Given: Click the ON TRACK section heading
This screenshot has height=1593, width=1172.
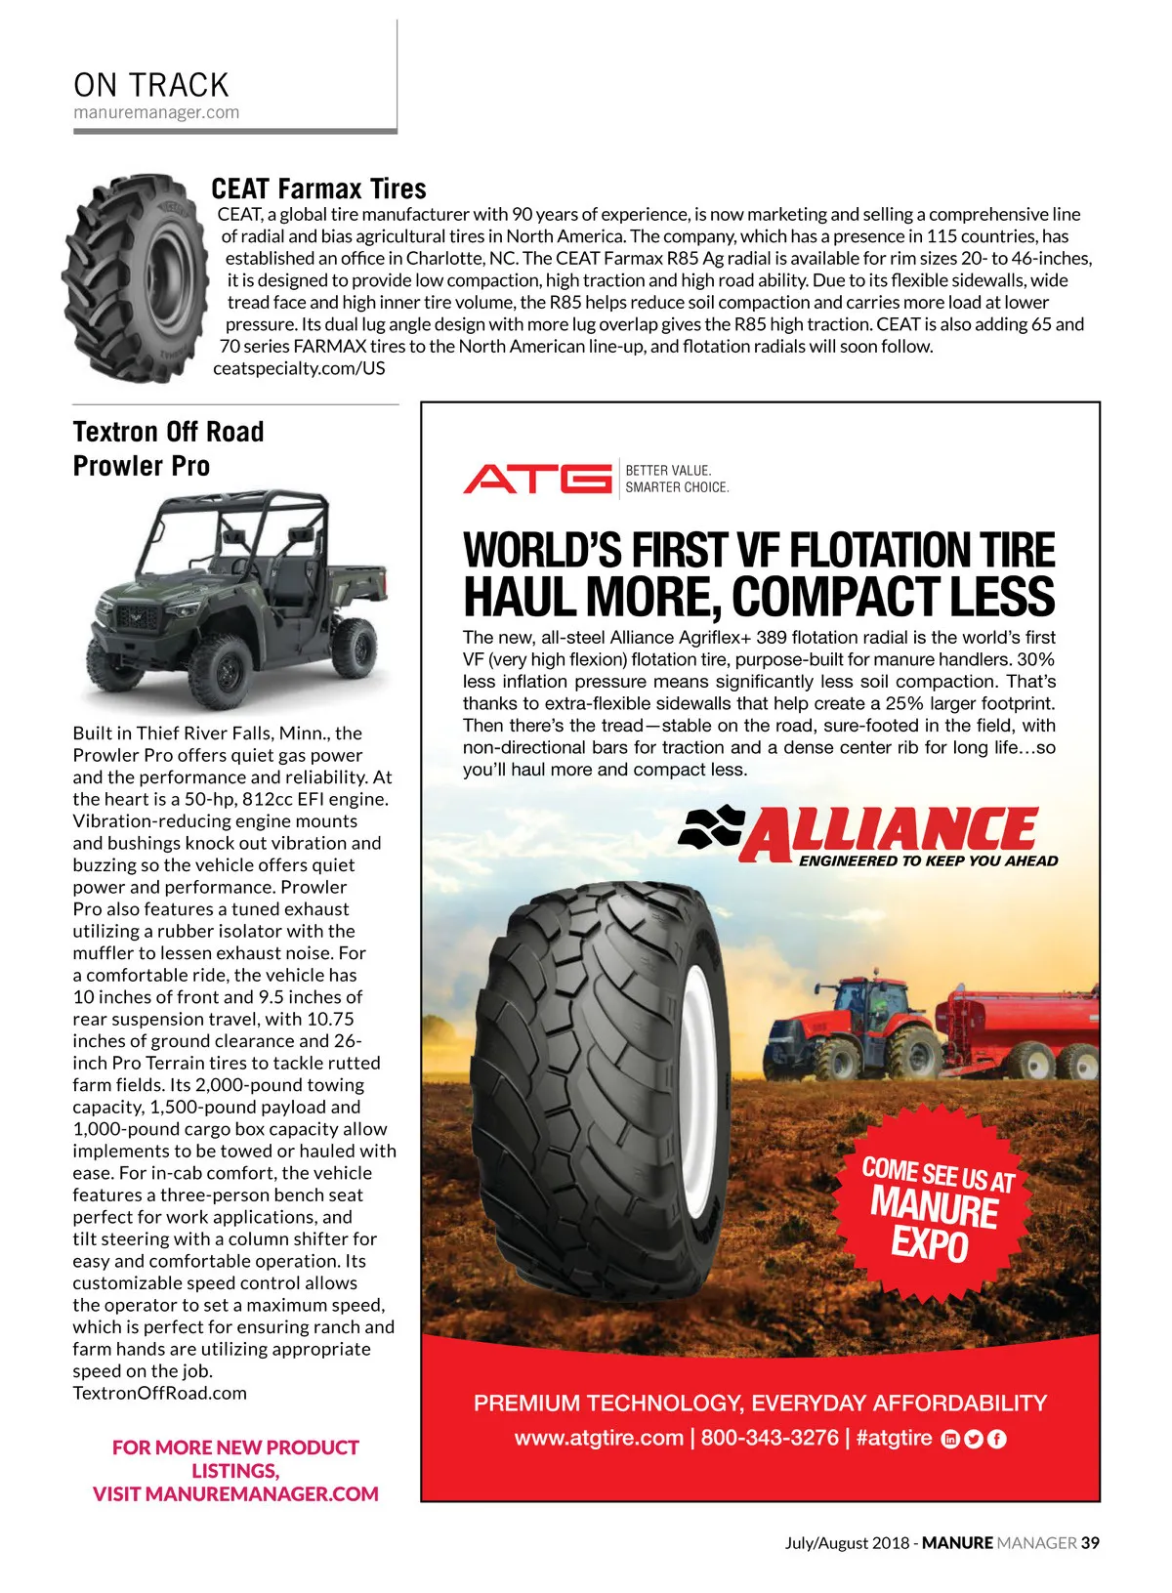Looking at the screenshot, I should coord(150,85).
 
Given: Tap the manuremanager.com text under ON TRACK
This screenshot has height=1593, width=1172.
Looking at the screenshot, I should coord(156,112).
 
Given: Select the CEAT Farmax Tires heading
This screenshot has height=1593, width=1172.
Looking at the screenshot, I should coord(318,189).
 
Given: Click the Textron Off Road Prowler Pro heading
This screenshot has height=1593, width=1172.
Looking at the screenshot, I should coord(168,448).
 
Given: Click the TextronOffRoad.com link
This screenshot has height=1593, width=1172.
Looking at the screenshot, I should coord(159,1393).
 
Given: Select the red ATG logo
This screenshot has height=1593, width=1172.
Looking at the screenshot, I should coord(536,479).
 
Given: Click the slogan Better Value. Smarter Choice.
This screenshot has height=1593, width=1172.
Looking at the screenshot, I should coord(677,479).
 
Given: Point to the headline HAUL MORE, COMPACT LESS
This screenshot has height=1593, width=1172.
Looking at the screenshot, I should coord(758,597).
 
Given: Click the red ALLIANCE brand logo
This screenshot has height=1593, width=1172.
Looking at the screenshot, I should coord(869,834).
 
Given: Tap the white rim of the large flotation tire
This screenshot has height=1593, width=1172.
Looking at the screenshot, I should coord(697,1045).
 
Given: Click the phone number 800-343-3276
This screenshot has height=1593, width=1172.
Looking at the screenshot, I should coord(770,1438).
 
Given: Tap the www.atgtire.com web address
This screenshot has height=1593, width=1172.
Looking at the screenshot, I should coord(599,1438).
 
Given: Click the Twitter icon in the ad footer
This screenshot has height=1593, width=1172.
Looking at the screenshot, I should coord(973,1439).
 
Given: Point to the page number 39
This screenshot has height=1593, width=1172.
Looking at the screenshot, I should coord(1090,1543).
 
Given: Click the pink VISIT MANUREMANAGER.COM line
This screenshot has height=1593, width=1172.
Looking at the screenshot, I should coord(235,1493).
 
